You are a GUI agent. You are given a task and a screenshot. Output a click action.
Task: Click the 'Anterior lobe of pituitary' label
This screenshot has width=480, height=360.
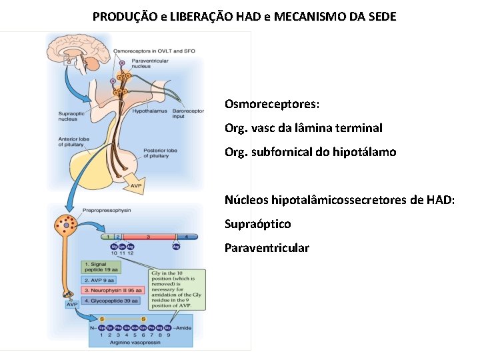74,143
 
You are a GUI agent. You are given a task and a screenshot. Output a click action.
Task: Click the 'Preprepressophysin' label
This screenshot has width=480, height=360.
107,209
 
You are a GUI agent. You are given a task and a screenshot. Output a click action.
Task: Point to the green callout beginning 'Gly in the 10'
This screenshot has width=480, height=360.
176,294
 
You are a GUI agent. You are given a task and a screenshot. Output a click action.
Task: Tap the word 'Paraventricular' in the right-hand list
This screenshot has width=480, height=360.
267,248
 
